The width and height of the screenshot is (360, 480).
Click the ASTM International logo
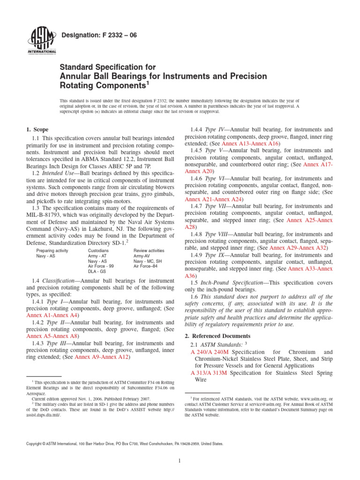(x=43, y=41)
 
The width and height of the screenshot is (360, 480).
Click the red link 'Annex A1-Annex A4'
(x=52, y=303)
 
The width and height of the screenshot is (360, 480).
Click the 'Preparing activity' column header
(x=52, y=251)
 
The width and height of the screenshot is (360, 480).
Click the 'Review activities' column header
(x=149, y=251)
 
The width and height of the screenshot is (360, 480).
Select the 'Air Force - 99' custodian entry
(x=101, y=266)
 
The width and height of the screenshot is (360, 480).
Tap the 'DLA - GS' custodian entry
(x=97, y=271)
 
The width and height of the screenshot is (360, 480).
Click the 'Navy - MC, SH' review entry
(x=148, y=261)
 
